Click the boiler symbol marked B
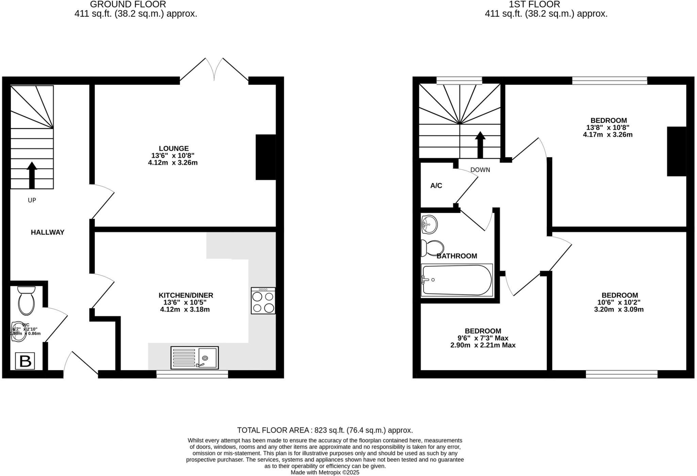[25, 361]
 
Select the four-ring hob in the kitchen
[263, 301]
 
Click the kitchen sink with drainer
[195, 358]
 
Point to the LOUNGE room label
[174, 149]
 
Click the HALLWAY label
[48, 232]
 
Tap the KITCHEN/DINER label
[186, 295]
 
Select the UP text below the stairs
[32, 200]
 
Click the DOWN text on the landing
[480, 170]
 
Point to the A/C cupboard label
[436, 186]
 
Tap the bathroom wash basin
[429, 224]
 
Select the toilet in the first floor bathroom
[432, 248]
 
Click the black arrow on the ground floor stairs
[32, 175]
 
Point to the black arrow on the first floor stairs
[480, 144]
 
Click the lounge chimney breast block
[265, 157]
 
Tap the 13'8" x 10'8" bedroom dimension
[608, 128]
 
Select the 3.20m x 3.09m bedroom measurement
[619, 309]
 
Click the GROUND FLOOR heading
[128, 4]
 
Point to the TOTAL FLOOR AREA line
[325, 430]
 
